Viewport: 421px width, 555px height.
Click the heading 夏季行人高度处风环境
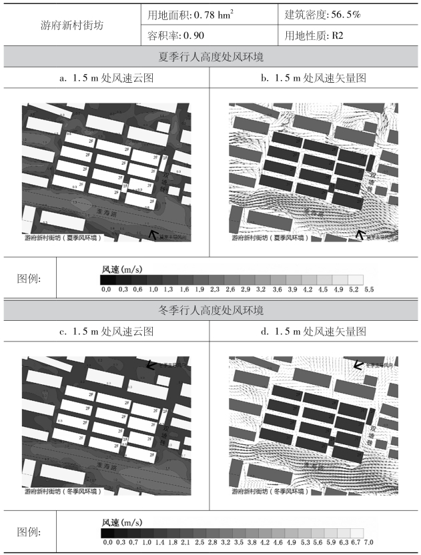click(210, 57)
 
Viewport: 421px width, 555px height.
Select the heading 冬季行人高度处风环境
click(210, 310)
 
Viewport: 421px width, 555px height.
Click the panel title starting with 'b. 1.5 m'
click(314, 78)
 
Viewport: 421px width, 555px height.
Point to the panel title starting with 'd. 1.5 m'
click(314, 332)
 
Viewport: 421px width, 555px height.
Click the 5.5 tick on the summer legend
click(369, 290)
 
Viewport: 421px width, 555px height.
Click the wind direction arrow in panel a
click(153, 234)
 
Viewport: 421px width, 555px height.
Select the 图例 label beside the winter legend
click(28, 532)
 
